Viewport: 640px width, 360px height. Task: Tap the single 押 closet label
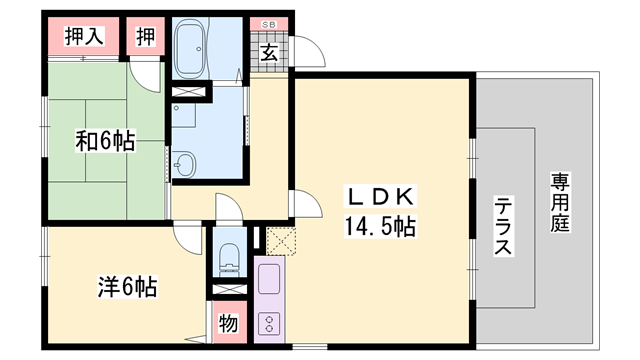click(146, 38)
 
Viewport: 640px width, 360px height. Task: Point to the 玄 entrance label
click(269, 53)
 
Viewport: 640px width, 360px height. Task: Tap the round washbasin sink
click(185, 165)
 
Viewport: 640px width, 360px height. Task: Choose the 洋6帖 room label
click(125, 287)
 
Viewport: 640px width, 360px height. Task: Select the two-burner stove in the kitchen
click(269, 323)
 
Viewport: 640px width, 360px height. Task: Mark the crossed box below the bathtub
click(190, 93)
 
